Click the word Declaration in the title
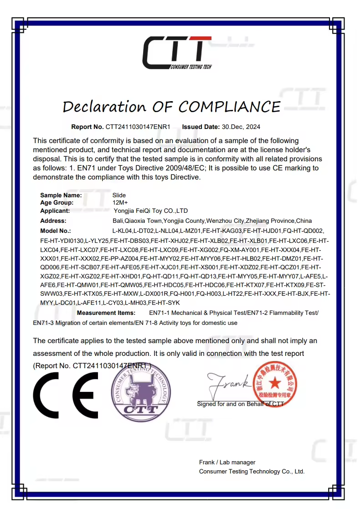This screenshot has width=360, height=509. point(104,107)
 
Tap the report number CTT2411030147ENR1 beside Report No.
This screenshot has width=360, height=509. point(138,127)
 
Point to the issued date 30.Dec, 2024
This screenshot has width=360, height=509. point(241,127)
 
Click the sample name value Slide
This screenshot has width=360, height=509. point(119,195)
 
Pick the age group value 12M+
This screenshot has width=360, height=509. point(120,202)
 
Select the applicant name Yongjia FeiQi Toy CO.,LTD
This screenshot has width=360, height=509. point(151,211)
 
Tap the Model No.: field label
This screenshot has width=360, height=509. point(56,231)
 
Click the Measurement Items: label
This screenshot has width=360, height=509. point(106,313)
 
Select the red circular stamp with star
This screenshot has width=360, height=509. point(274,382)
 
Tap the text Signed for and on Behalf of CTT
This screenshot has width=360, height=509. point(240,404)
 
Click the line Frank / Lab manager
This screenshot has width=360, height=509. point(227,462)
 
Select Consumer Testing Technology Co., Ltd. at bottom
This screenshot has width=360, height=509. point(252,471)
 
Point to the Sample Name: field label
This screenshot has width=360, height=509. point(61,195)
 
